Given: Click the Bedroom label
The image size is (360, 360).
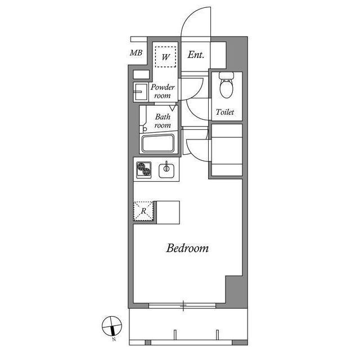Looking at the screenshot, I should [187, 248].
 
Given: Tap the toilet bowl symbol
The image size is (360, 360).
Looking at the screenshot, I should [226, 89].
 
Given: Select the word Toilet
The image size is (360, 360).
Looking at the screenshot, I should [225, 112].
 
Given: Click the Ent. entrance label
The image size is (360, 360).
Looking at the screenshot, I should [196, 55].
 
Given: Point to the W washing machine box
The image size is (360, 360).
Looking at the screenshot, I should [166, 56].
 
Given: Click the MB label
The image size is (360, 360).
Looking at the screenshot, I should [136, 53].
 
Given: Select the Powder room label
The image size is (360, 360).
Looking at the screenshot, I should [163, 91].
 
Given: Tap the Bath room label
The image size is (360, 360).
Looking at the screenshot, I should [163, 121].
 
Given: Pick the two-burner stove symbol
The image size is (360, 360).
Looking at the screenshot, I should [144, 168].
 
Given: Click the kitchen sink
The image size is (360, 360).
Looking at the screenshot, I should [167, 169].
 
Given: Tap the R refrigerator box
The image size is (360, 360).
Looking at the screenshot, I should [144, 211].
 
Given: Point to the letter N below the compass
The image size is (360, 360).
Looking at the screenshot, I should [114, 339].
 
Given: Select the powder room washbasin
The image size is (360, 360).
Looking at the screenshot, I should [138, 92].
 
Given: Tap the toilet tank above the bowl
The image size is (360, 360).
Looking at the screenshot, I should [226, 76].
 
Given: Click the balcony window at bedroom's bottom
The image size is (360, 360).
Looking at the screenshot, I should [184, 306].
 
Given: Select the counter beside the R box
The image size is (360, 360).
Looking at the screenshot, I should [168, 211].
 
